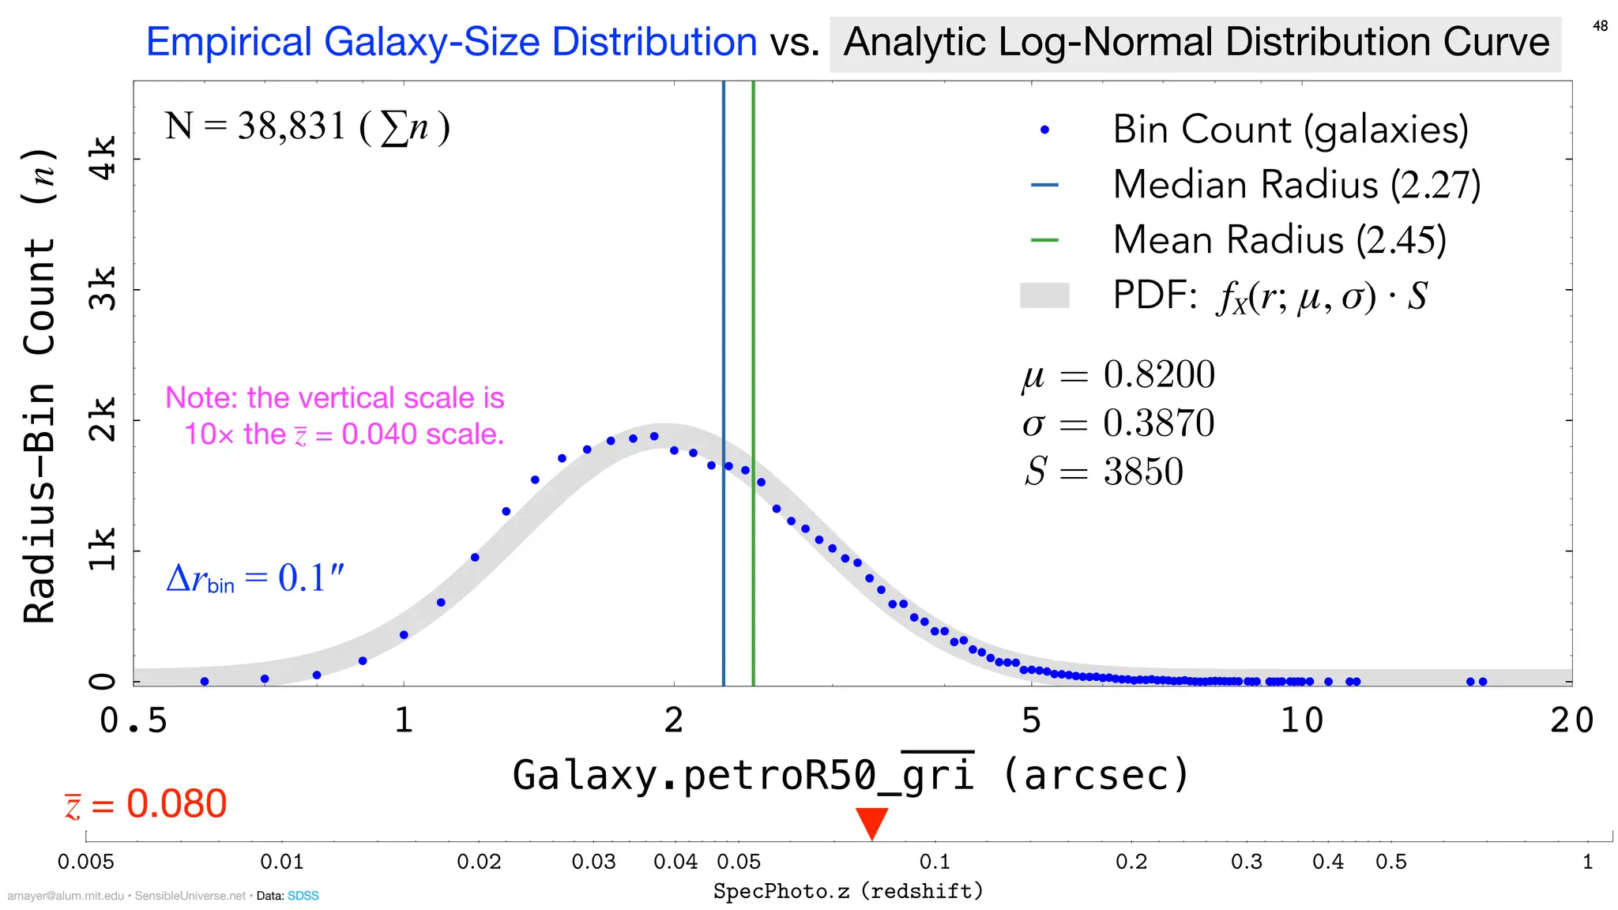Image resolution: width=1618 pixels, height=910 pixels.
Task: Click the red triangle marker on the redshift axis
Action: pos(872,822)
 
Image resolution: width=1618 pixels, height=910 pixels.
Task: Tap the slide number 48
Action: pos(1600,26)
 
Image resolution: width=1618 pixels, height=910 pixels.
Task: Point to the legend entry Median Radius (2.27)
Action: pos(1296,185)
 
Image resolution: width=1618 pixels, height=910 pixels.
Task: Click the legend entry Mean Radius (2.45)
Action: pos(1278,240)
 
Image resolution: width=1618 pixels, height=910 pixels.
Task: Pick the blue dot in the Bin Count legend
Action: pos(1044,130)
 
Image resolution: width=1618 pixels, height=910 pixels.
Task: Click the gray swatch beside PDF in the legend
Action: pos(1044,295)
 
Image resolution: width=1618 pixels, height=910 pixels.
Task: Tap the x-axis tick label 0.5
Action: pos(134,720)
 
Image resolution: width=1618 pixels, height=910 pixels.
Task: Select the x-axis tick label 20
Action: pos(1571,720)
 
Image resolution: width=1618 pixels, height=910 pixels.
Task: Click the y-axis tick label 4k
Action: pos(103,158)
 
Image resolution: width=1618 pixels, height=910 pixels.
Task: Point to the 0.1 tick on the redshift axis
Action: pos(935,861)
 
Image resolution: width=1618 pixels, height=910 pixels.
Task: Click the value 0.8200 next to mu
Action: pos(1158,374)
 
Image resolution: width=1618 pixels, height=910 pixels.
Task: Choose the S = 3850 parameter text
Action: pos(1104,472)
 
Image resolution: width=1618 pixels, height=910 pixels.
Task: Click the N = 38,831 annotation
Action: pos(307,126)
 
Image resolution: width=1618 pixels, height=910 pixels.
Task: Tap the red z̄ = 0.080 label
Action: pos(146,804)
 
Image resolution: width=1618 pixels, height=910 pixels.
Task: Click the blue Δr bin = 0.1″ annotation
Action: pos(255,578)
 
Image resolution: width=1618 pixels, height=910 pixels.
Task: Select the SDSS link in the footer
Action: pos(303,896)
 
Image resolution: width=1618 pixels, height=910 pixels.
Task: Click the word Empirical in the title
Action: pos(230,42)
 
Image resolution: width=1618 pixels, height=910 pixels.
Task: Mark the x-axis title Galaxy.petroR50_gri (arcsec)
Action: pos(850,774)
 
